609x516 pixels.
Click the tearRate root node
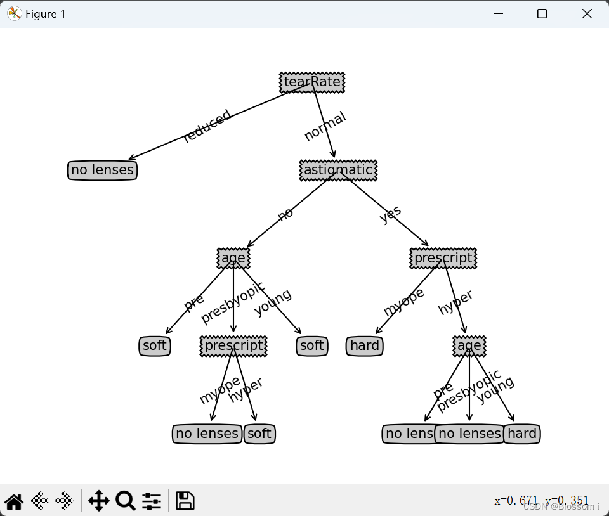pos(312,82)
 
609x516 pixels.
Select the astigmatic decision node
pos(338,170)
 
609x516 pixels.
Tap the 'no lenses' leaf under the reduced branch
pos(102,170)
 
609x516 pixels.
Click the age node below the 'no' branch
pos(233,258)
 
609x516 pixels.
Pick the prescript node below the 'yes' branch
pos(443,258)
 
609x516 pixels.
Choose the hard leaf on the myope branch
pos(365,345)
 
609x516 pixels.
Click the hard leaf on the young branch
pos(522,434)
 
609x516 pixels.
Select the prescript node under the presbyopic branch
pos(233,345)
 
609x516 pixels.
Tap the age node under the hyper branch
pos(469,345)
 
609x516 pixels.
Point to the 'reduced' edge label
pos(207,127)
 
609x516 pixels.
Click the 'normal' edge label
pos(325,126)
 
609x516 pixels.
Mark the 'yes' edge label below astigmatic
pos(390,215)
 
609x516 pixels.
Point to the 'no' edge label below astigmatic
pos(285,214)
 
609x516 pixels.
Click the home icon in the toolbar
pos(14,501)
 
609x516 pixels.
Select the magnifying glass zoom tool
pos(125,501)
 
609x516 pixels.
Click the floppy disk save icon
pos(185,501)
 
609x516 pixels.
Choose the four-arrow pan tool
pos(98,501)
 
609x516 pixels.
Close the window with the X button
pos(587,14)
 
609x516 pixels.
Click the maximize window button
pos(542,14)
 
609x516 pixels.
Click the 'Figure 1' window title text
pos(45,14)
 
